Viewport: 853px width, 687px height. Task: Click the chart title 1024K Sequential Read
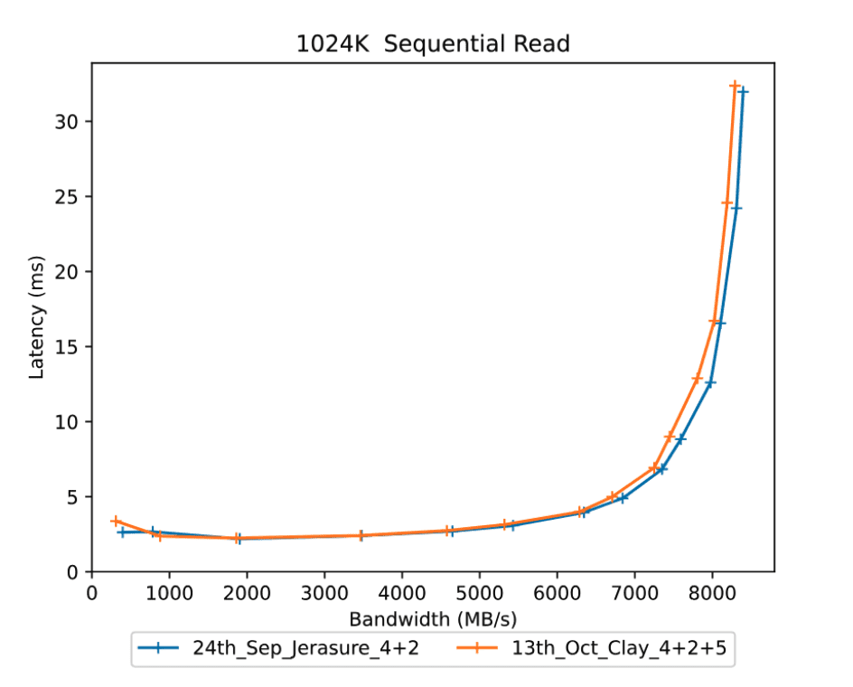point(433,43)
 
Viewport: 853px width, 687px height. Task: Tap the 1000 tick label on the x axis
point(169,593)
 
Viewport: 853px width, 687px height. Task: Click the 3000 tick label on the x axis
point(324,593)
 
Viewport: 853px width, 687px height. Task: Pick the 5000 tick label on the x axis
point(480,593)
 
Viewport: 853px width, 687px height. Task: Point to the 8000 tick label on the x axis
point(712,593)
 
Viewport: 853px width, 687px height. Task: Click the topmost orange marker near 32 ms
point(735,86)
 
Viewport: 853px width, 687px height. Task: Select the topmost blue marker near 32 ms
point(743,91)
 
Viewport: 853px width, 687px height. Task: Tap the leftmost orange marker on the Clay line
point(116,521)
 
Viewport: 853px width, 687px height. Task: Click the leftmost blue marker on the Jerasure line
point(122,532)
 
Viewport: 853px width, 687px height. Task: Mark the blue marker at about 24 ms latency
point(736,208)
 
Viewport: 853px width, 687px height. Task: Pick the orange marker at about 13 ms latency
point(698,379)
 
